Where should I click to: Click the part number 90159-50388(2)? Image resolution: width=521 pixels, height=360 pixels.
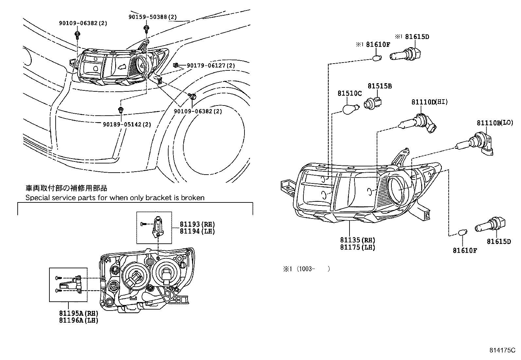pos(153,17)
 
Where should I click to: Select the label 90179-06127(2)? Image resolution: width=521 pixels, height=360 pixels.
pos(211,66)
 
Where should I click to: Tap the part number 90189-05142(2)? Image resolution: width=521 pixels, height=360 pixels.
pos(127,124)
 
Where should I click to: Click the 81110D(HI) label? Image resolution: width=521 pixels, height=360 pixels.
pos(429,102)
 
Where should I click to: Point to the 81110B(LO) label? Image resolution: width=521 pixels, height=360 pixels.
pos(495,123)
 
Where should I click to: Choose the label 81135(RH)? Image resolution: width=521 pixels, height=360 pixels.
pos(357,240)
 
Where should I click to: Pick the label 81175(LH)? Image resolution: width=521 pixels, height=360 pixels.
pos(357,247)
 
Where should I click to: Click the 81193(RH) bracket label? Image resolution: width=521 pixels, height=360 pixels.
pos(197,224)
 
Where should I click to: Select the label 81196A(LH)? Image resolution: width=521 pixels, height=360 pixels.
pos(79,320)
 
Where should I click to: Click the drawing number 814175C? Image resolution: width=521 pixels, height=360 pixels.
pos(502,350)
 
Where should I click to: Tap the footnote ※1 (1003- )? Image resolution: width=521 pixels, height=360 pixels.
pos(306,269)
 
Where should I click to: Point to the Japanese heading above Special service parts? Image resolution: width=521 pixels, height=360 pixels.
pos(66,188)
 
